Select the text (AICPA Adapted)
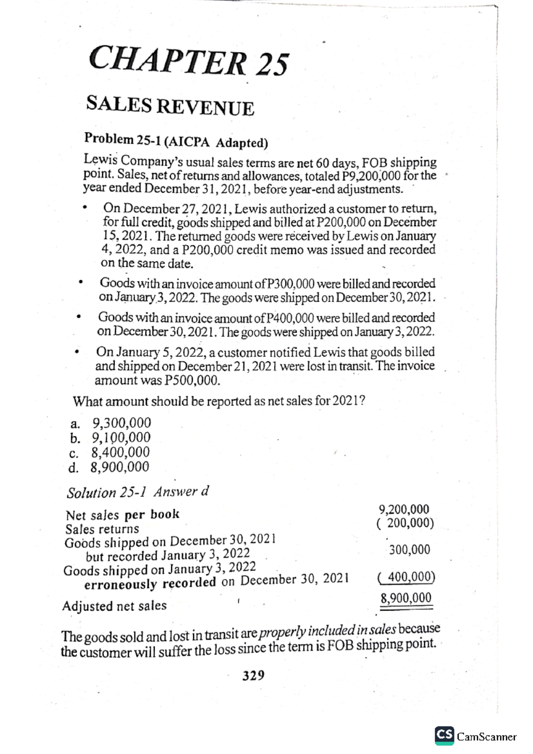pos(216,142)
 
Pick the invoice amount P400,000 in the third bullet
pos(289,318)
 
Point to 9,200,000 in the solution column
pos(403,509)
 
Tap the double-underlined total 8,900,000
pos(406,598)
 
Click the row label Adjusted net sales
pos(114,606)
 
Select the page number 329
pos(253,675)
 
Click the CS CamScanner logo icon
pos(444,735)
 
